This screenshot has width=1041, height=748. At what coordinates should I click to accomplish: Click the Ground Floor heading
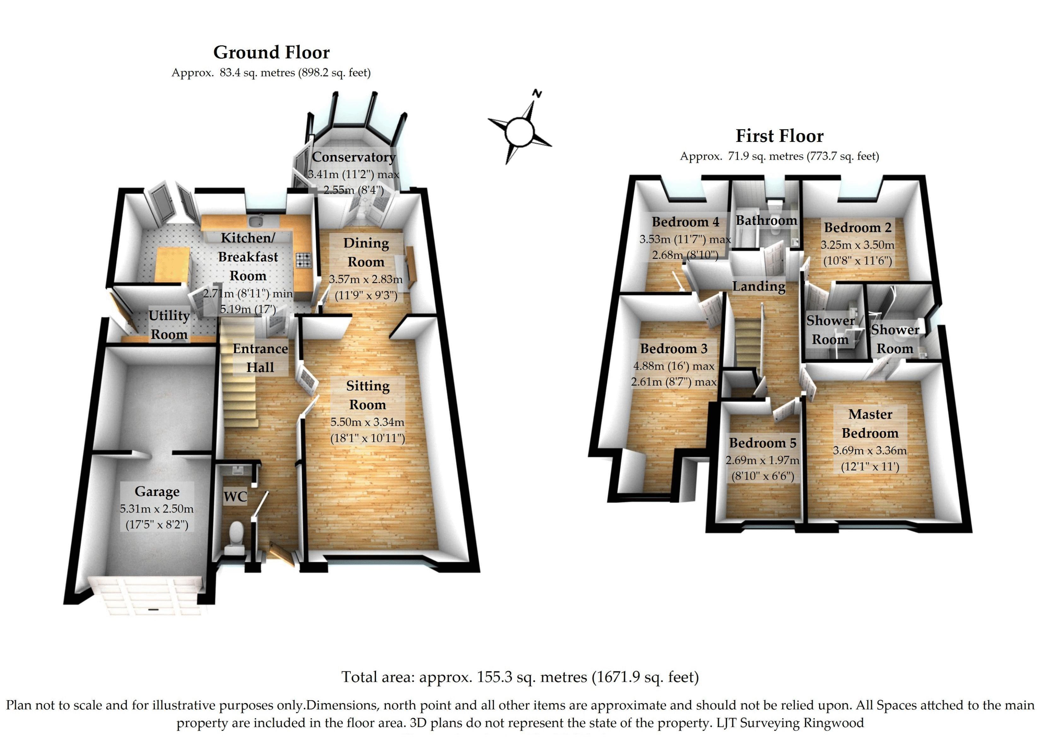[271, 53]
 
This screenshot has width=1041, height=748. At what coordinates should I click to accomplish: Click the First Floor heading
[779, 136]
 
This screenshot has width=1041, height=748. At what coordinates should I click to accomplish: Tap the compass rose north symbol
[537, 94]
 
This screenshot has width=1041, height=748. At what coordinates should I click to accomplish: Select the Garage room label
[157, 492]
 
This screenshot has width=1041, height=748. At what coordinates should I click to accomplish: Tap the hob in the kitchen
[303, 260]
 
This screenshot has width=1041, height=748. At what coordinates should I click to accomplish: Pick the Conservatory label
[354, 157]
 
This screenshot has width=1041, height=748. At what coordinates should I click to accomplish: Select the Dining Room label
[366, 252]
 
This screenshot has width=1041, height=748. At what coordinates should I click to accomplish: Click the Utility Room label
[169, 325]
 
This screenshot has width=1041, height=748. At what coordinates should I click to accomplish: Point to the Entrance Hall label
[260, 358]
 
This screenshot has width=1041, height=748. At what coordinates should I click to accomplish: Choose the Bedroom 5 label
[762, 443]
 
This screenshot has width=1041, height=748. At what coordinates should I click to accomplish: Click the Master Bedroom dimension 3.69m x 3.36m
[870, 451]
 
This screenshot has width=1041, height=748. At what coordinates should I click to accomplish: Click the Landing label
[759, 286]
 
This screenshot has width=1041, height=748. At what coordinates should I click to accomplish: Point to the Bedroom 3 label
[674, 349]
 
